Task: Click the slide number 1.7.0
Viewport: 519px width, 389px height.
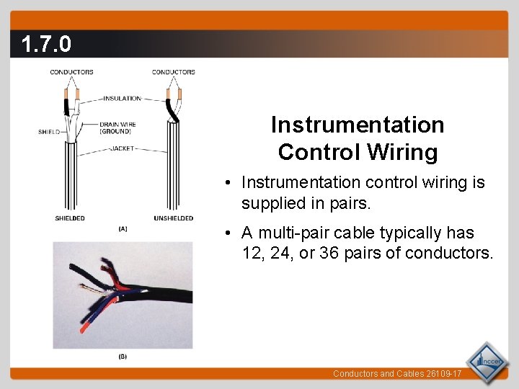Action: coord(46,45)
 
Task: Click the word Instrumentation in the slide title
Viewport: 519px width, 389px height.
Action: coord(358,125)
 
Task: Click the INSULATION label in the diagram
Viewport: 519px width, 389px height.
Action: coord(123,99)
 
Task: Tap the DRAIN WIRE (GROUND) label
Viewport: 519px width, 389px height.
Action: coord(117,128)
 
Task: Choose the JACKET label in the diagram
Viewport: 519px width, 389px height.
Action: coord(122,149)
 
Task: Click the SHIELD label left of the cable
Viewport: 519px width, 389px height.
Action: coord(49,132)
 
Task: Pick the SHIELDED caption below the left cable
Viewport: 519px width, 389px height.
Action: coord(69,218)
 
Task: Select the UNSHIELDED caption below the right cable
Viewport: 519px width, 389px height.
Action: coord(174,218)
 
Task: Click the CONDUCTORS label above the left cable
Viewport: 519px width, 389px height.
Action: coord(71,72)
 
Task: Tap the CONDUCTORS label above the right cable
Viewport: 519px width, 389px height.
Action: coord(174,72)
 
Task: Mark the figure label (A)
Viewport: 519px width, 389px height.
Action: coord(123,229)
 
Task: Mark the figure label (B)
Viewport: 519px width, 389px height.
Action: coord(123,357)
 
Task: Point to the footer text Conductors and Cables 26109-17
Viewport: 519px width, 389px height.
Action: coord(396,374)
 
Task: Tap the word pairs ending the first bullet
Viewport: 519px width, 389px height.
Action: coord(349,204)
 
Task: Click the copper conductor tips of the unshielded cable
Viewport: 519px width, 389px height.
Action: coord(174,94)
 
